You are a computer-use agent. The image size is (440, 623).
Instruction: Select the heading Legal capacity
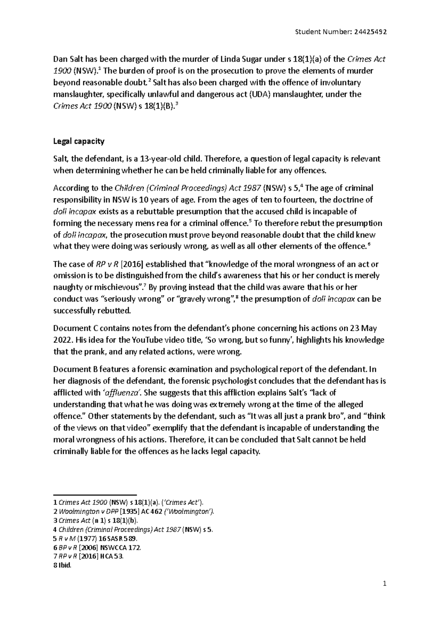coord(79,141)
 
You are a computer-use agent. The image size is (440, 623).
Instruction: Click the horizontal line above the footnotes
coord(95,495)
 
